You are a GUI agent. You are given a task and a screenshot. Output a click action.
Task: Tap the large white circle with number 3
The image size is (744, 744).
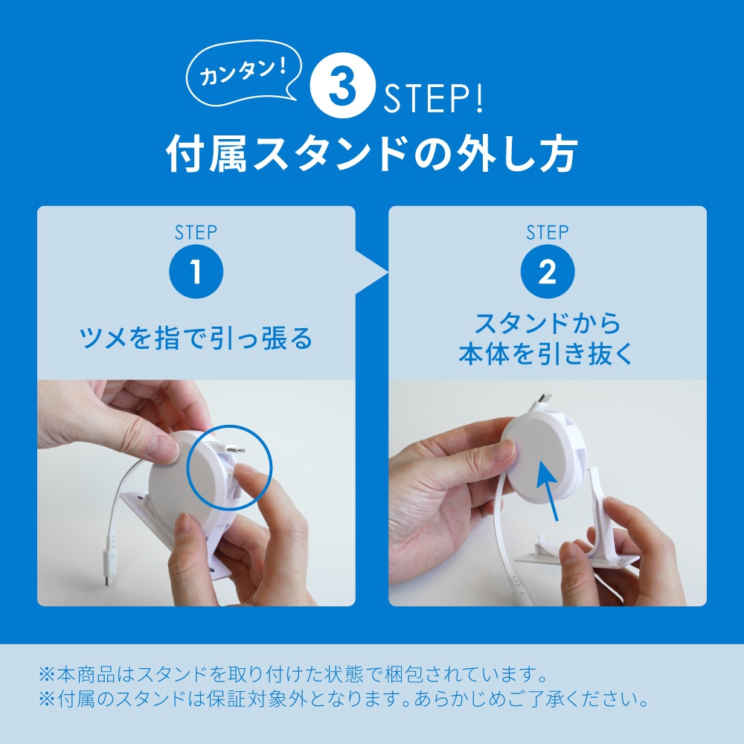coord(342,86)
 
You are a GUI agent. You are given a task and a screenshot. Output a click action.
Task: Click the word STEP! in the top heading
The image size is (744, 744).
coord(433,98)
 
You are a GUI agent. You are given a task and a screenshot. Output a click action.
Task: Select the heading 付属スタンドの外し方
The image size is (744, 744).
coord(371,153)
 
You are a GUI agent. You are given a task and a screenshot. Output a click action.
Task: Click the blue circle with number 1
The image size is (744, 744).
coord(196,272)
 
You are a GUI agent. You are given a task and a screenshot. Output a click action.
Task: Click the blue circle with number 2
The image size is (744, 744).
coord(548,272)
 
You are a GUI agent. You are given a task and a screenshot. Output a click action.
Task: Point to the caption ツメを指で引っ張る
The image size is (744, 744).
coord(196,338)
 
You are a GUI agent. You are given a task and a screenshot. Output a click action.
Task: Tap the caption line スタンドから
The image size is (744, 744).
coord(548,323)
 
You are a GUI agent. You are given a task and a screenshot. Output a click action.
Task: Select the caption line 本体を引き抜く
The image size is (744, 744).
coord(546,353)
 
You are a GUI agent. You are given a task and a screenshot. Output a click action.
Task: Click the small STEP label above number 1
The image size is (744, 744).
coord(196,232)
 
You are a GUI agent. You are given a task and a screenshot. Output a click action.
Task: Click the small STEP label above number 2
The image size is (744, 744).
coord(548,232)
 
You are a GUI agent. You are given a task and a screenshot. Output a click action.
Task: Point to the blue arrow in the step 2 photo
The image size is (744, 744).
coord(548,491)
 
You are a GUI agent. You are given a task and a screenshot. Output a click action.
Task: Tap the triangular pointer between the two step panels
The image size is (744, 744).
coord(371,272)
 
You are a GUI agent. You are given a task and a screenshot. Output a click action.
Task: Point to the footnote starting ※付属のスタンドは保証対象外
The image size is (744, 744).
coord(344,699)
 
